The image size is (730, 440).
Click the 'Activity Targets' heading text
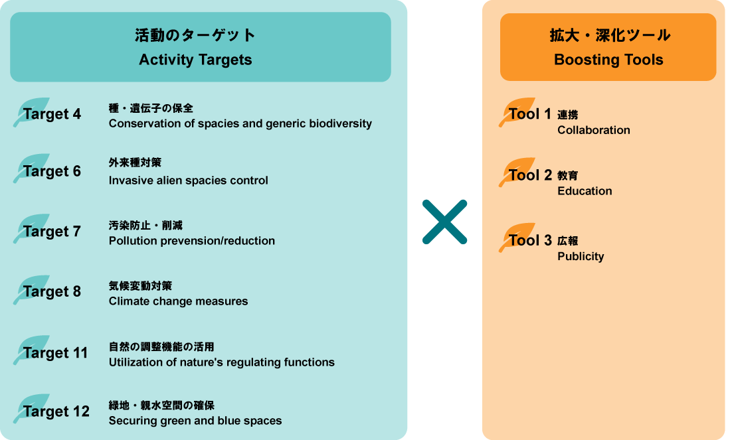click(x=195, y=60)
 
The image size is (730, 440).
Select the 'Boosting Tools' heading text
click(x=608, y=60)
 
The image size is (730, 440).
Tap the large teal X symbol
click(x=445, y=222)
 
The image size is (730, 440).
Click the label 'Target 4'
click(x=52, y=114)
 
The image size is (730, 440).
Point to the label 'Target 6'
click(x=52, y=171)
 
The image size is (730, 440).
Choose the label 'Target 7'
click(x=52, y=232)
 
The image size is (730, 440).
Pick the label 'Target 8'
click(x=52, y=292)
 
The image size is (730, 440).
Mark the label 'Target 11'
click(x=56, y=353)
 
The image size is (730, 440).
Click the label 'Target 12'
click(x=56, y=411)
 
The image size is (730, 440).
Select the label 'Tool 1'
click(x=530, y=114)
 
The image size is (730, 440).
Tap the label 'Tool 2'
click(x=530, y=175)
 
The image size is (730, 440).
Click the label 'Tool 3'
click(x=530, y=240)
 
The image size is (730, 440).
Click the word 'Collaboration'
click(x=594, y=130)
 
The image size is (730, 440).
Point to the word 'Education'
click(x=585, y=191)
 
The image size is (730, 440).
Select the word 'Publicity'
click(x=581, y=256)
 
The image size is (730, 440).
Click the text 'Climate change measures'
click(x=178, y=301)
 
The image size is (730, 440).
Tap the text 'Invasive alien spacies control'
click(x=189, y=181)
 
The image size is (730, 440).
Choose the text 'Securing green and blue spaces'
click(x=195, y=421)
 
